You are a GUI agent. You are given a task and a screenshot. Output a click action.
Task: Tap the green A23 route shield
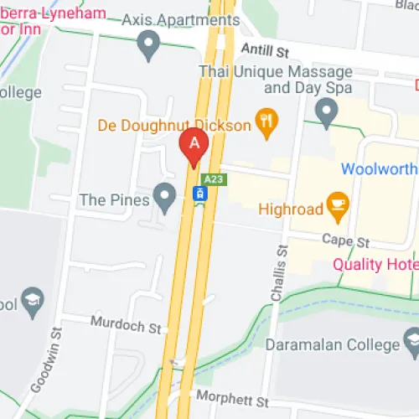pos(214,179)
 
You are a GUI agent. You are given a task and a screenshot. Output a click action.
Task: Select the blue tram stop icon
pos(199,194)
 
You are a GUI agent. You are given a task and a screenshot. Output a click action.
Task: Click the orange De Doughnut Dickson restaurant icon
pos(267,125)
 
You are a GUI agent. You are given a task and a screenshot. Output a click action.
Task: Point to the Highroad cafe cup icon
pos(338,208)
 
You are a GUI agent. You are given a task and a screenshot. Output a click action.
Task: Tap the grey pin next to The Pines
pos(166,199)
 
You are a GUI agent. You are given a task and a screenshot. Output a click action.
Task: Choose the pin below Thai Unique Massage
pos(326,109)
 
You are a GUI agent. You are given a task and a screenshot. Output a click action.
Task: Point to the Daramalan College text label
pos(332,344)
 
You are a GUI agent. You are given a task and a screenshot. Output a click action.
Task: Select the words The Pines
pos(114,199)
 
